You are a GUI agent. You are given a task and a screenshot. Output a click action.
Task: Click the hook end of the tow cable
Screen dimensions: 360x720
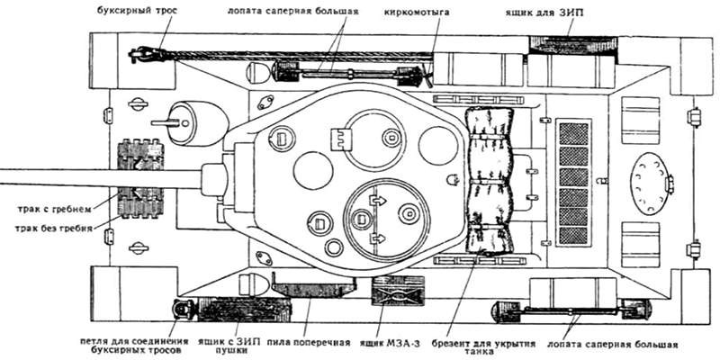pyautogui.click(x=139, y=55)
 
